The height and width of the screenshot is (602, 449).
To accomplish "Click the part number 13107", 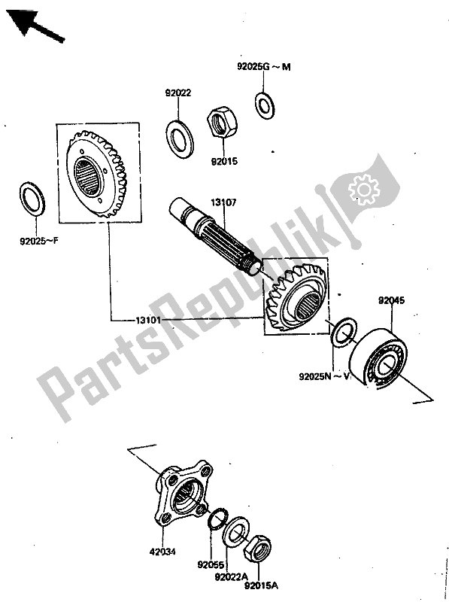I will pos(223,202).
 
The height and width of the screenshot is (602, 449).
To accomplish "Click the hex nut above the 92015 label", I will pos(222,123).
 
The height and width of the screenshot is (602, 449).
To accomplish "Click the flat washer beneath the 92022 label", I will pos(179,135).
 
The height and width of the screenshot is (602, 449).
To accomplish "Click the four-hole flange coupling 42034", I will pos(176,496).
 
